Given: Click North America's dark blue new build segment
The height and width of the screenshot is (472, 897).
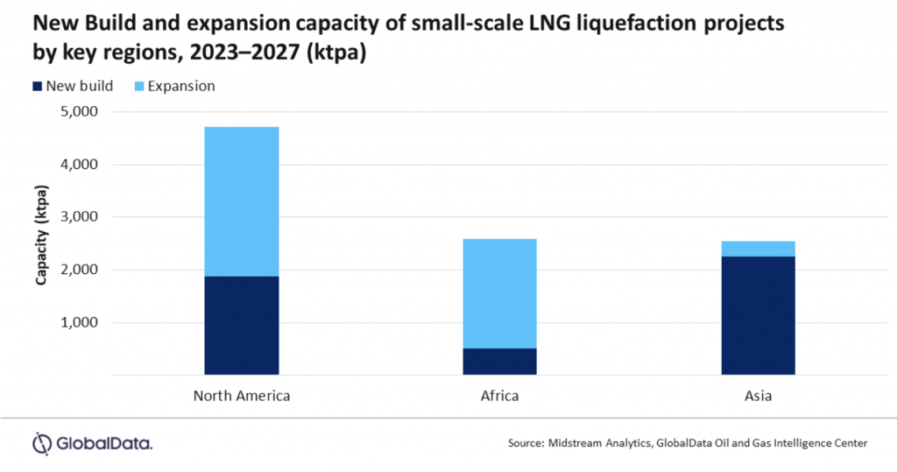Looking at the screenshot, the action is point(242,326).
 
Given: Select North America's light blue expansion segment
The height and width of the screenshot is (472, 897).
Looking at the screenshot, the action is point(242,201).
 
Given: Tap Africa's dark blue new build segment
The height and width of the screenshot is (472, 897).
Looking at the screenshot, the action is point(499,362).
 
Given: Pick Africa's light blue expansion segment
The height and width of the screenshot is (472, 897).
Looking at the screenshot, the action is point(499,293).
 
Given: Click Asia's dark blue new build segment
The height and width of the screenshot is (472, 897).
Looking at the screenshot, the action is point(758,315).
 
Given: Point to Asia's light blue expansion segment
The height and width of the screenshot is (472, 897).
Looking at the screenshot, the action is point(758,249).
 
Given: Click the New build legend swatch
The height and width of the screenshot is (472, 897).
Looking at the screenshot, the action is point(37,87).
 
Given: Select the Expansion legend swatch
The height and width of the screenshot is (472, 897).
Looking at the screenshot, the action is point(139,87).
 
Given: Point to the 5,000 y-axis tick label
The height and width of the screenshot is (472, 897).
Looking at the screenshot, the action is point(79,111).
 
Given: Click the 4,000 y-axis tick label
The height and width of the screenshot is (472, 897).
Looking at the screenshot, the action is point(79,165).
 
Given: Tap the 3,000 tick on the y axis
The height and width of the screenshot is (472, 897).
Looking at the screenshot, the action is point(79,217).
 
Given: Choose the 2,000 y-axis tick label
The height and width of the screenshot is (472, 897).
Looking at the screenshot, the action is point(79,270).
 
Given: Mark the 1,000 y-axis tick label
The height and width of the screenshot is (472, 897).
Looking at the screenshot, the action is point(79,322).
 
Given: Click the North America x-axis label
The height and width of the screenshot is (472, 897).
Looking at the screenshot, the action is point(242,396).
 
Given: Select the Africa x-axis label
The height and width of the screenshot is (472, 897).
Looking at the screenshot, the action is point(499,396).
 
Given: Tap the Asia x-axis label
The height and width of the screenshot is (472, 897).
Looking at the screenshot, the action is point(758,396).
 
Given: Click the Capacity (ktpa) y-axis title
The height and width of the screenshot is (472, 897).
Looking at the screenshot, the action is point(41,236).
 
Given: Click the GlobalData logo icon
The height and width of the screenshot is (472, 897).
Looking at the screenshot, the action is point(42,443).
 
